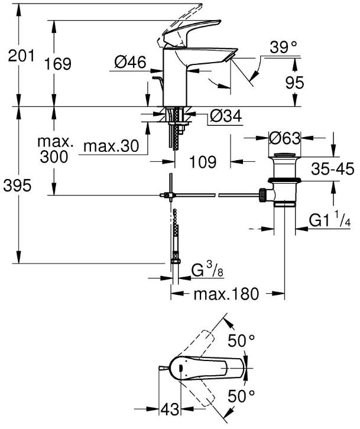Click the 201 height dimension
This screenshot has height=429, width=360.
point(21,56)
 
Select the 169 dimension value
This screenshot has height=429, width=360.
point(58,64)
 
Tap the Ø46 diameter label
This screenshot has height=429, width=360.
point(130,62)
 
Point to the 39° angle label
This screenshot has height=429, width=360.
point(283,47)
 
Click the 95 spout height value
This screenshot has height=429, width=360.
point(294,82)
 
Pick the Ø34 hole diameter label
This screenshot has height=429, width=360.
point(226,116)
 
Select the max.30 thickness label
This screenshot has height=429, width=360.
point(111,146)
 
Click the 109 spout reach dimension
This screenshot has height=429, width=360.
point(203,162)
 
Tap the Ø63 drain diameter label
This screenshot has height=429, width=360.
point(284,138)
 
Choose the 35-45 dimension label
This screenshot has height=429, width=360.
point(333,170)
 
